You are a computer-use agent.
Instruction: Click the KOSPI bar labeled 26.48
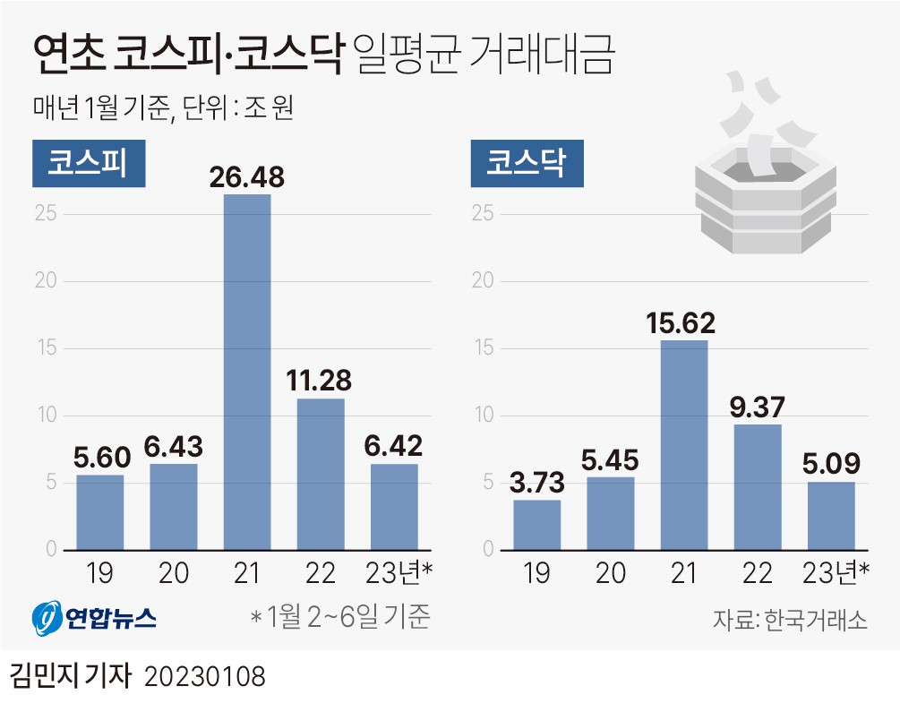247,372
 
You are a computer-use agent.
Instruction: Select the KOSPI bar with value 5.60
100,511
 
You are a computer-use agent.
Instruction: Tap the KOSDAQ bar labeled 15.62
684,444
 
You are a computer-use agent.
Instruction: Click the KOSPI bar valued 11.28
321,473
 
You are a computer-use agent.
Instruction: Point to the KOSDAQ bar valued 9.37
758,486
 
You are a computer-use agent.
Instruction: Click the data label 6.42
394,445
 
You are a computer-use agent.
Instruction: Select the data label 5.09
831,464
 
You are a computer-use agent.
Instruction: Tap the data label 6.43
174,445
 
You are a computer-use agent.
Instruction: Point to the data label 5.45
611,459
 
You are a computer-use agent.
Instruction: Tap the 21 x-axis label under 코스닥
684,572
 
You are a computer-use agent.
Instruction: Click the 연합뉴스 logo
93,617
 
